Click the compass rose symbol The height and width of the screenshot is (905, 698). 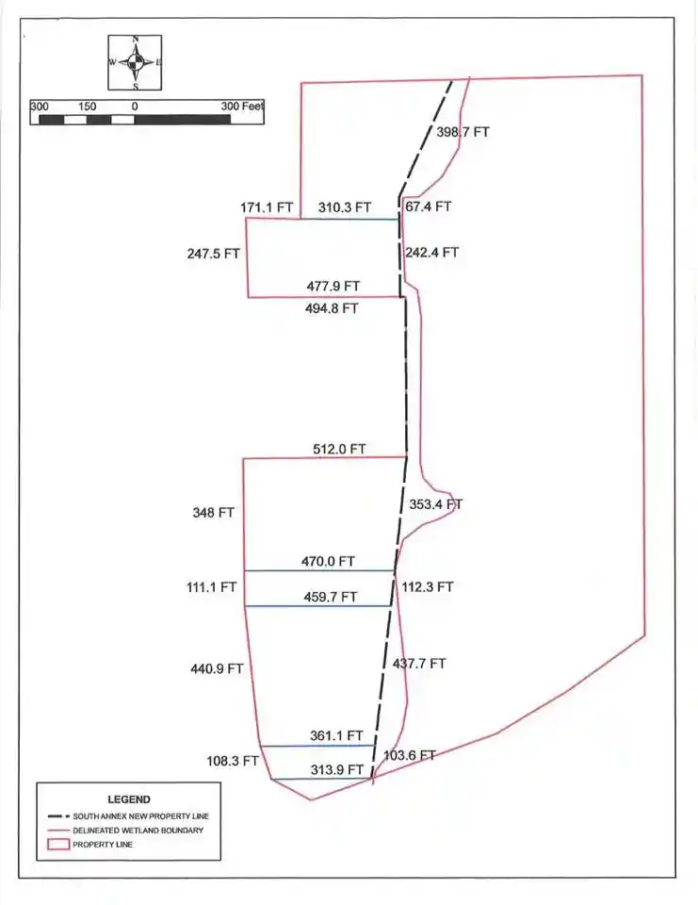[135, 62]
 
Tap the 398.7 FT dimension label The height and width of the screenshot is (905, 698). [463, 132]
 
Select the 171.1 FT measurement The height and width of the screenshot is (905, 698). [267, 207]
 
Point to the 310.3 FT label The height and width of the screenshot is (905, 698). [345, 207]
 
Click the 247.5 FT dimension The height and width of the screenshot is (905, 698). [214, 254]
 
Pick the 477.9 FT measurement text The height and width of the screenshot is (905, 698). [333, 287]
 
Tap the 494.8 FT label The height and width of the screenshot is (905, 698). [332, 308]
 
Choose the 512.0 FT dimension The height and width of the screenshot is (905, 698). [339, 449]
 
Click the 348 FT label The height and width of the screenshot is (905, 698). [214, 513]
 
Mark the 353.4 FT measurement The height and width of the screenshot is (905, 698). [435, 504]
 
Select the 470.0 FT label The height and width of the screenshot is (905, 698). [328, 561]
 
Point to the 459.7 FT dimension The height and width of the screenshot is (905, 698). [331, 597]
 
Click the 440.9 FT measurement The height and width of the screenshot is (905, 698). [217, 669]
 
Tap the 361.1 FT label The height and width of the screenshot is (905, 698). [337, 736]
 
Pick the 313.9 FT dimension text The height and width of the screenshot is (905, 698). [337, 769]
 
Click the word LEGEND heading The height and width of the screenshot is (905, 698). [129, 799]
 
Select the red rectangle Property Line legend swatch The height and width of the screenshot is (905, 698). [57, 845]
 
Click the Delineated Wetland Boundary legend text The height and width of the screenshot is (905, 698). [138, 830]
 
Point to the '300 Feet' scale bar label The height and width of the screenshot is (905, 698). [242, 107]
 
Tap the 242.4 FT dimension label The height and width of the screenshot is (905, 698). [432, 253]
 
